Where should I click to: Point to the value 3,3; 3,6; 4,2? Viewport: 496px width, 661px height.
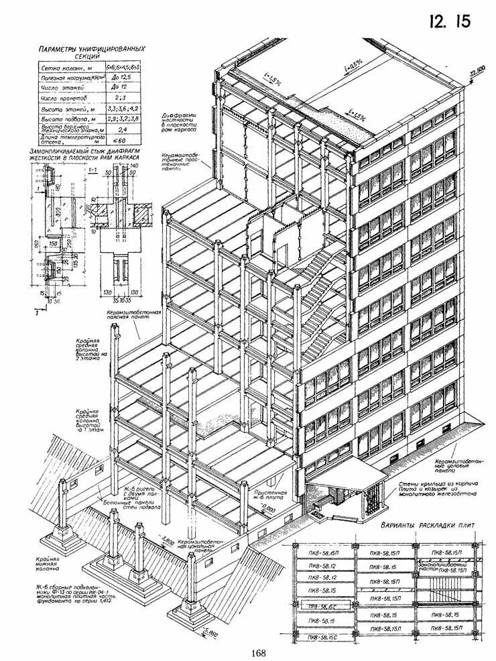click(123, 108)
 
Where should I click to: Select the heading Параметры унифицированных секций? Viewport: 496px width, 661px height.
click(92, 53)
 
